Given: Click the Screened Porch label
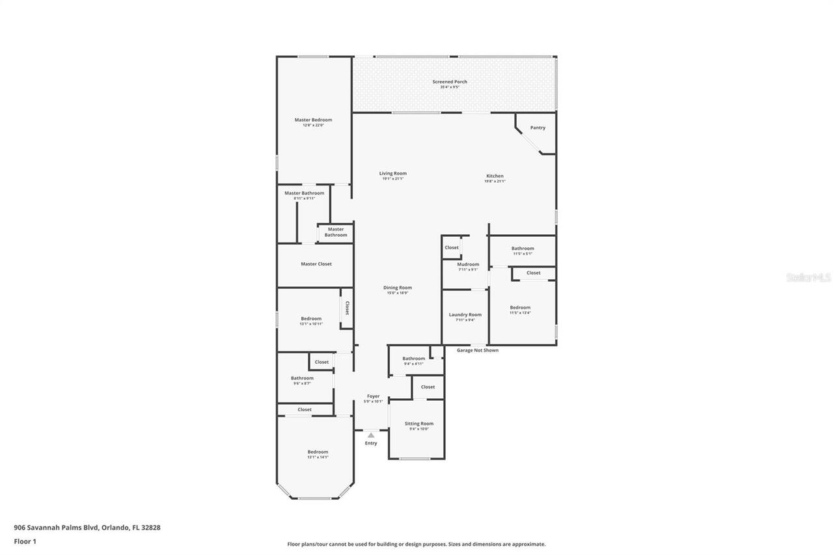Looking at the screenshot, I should (450, 82).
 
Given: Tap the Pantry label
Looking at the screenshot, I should (538, 128).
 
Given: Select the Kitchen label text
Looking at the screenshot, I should (495, 176).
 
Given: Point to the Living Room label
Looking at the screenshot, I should (393, 174).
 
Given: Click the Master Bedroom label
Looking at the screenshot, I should (313, 120).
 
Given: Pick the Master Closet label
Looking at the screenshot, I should (316, 264).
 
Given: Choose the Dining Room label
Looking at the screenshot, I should (397, 288).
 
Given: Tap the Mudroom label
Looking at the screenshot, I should (468, 265).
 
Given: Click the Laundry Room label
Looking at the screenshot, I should (465, 315).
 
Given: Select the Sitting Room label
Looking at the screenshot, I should (418, 424).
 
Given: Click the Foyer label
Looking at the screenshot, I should (373, 396).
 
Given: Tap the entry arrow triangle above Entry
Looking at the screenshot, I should (371, 435).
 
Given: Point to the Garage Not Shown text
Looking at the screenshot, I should (477, 350).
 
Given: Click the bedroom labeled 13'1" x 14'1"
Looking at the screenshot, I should (318, 452).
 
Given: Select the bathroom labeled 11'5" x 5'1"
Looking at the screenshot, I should (522, 249).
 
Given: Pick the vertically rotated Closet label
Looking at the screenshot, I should (347, 308).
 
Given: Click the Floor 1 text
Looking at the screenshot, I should (25, 541).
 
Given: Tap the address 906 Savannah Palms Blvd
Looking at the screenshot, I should (87, 528).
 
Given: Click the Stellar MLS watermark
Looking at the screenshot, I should (808, 277).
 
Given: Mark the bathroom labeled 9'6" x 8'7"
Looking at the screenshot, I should (302, 379).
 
